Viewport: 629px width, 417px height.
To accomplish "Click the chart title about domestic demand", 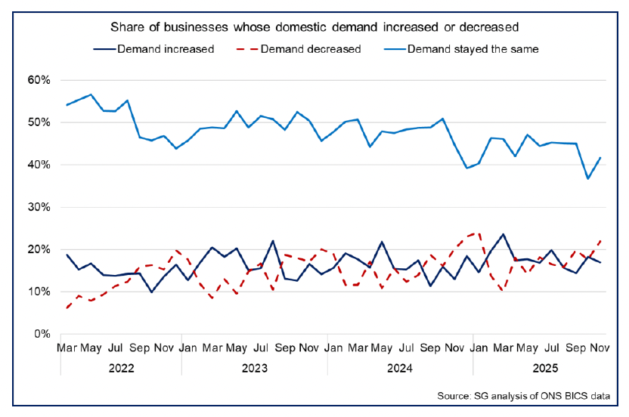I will [314, 27].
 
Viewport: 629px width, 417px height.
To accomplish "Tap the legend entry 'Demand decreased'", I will [310, 49].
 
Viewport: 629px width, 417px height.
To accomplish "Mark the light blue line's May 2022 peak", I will [91, 94].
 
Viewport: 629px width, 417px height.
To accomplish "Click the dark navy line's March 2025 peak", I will [503, 234].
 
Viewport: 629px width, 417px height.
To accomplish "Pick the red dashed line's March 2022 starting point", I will [67, 307].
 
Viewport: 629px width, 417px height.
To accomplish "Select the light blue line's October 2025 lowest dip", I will [587, 178].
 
